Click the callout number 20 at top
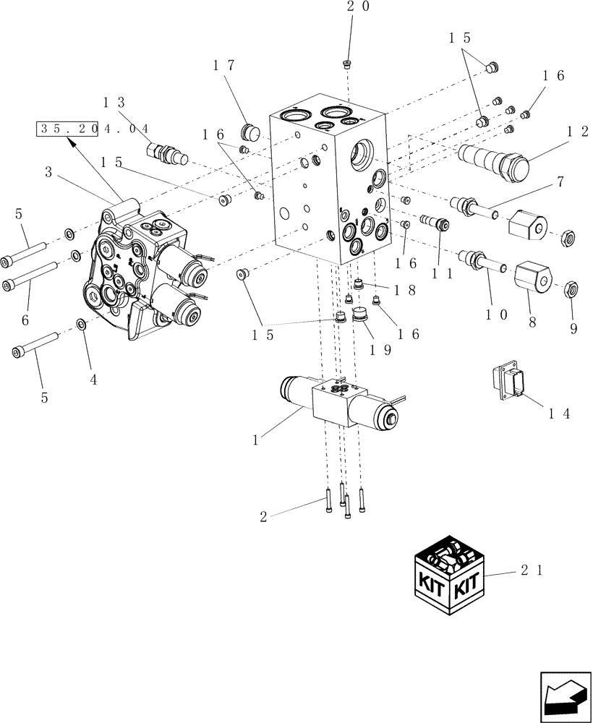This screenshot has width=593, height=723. pos(357,7)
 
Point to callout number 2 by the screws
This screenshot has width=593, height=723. pos(265,516)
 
